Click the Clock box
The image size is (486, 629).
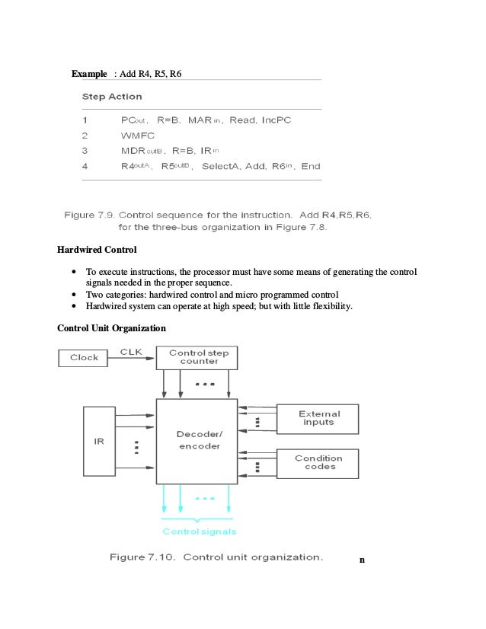[x=84, y=358]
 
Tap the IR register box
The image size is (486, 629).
[x=99, y=442]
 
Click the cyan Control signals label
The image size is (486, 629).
[x=199, y=531]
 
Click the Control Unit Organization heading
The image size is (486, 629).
[x=111, y=328]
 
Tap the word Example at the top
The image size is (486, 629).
[x=89, y=74]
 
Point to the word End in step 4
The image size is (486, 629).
[x=311, y=165]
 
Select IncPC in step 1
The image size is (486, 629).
[x=277, y=120]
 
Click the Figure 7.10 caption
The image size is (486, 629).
[x=216, y=557]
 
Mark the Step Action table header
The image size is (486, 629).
[x=112, y=97]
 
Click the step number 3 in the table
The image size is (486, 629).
[x=85, y=150]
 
